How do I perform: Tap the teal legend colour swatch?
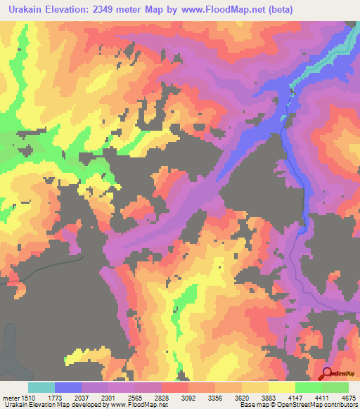click(41, 387)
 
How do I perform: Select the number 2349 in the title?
click(129, 10)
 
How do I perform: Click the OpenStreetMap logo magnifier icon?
click(327, 373)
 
